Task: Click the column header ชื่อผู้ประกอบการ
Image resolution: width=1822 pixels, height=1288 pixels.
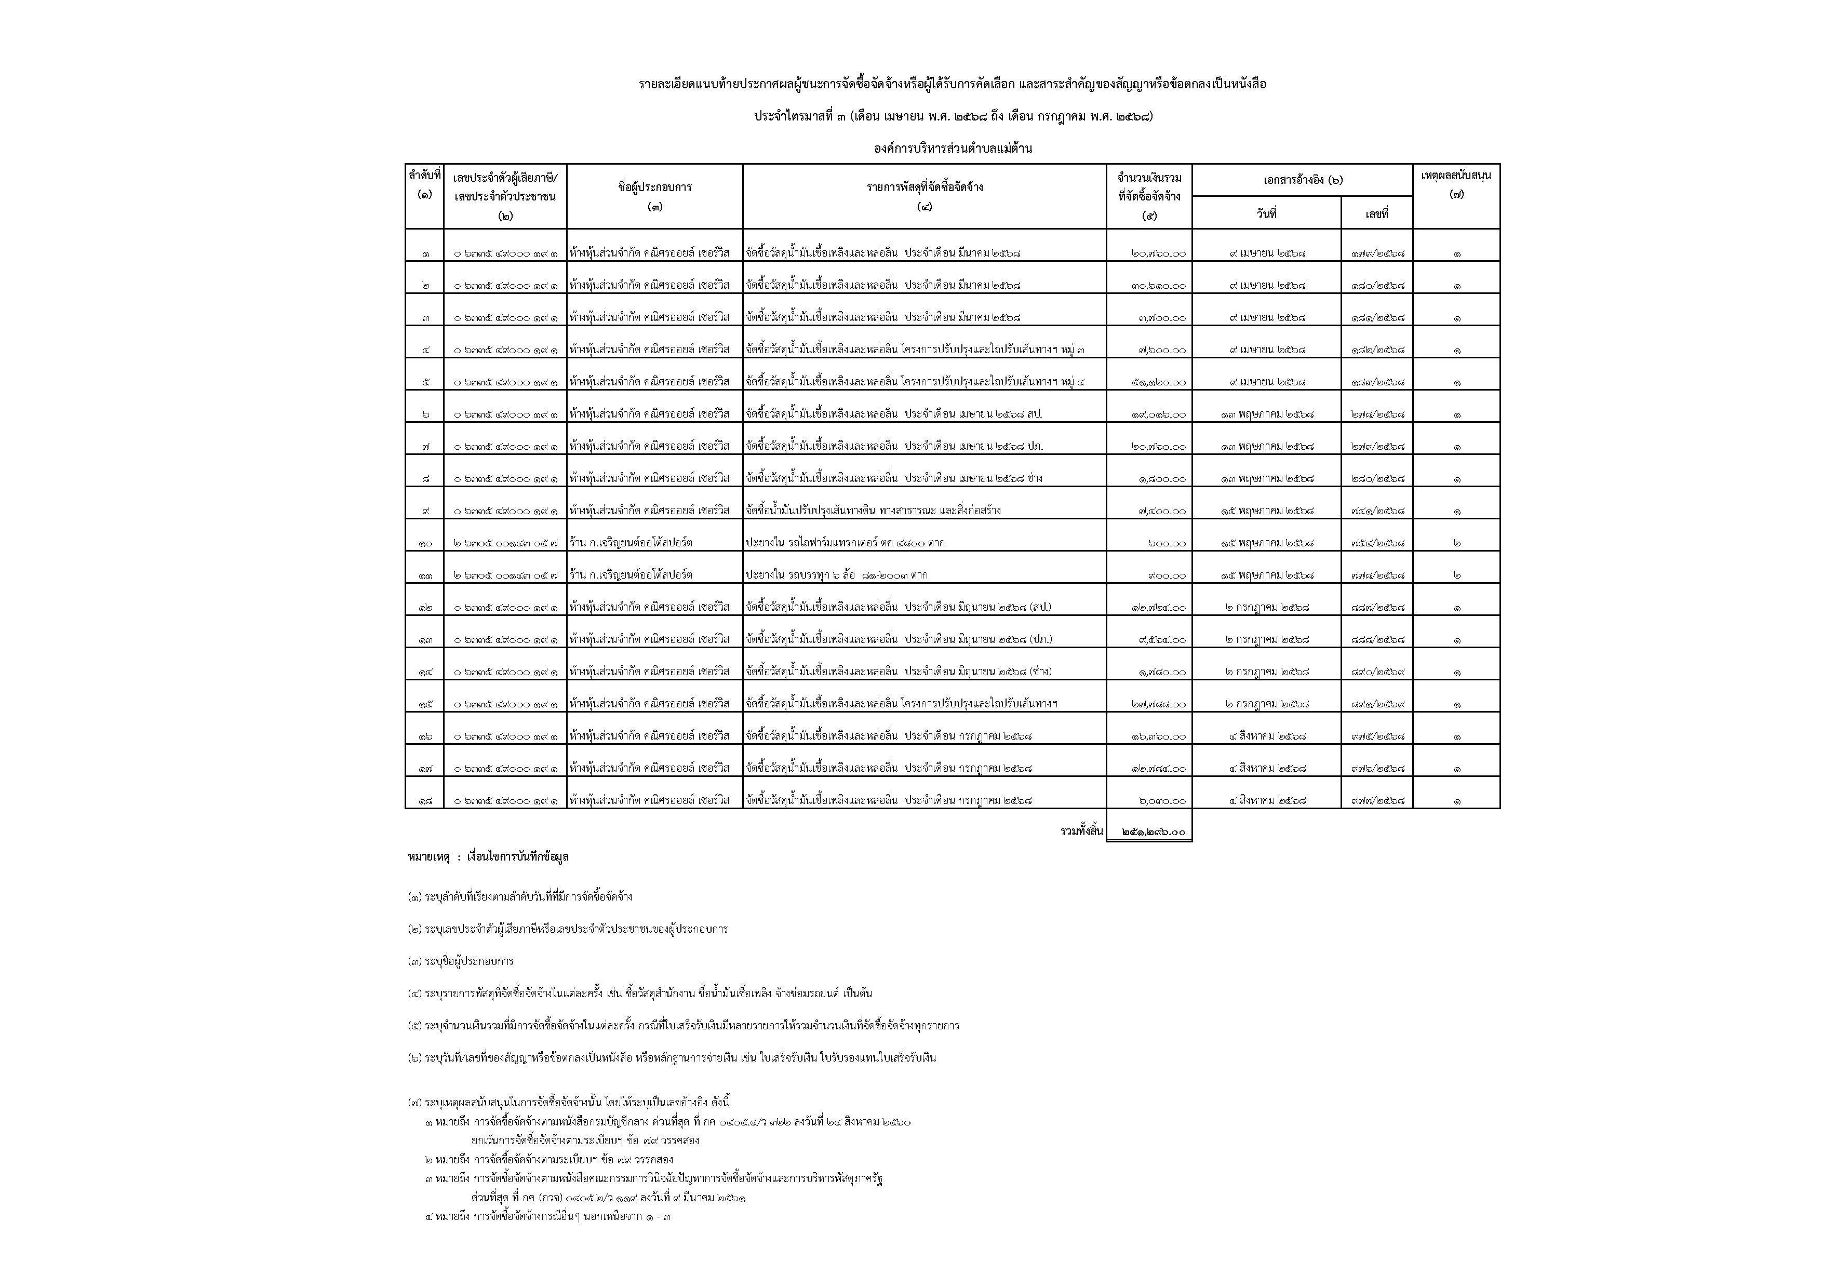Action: (654, 188)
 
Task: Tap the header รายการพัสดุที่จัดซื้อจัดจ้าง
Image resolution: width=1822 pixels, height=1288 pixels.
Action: (925, 188)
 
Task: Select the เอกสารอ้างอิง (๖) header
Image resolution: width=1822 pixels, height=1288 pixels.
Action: (1302, 181)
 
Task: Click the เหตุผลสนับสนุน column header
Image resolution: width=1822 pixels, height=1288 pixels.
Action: (1456, 176)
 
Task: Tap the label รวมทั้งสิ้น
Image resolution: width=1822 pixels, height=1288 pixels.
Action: (1081, 831)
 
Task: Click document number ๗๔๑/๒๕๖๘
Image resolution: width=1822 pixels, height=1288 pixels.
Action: (1377, 511)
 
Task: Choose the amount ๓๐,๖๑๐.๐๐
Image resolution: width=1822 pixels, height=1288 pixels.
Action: (1159, 286)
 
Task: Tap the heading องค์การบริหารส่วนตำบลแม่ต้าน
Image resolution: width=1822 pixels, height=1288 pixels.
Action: (952, 149)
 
